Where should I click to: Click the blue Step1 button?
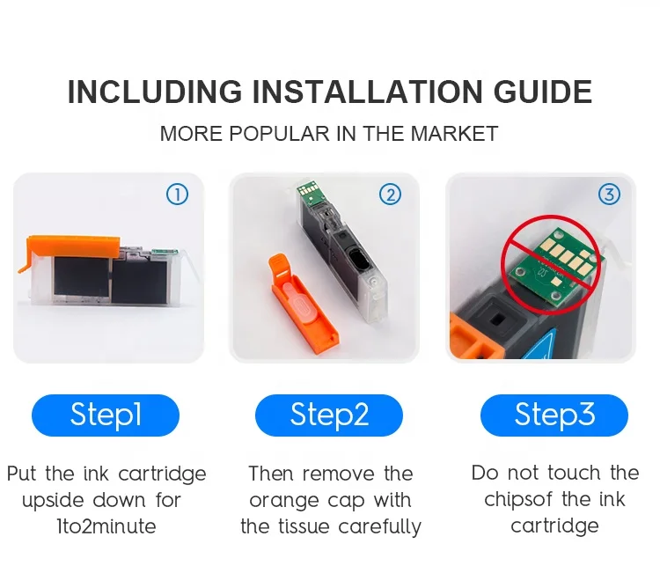pyautogui.click(x=106, y=415)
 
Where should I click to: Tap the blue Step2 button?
pyautogui.click(x=329, y=415)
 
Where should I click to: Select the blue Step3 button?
pyautogui.click(x=554, y=415)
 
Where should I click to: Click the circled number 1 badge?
pyautogui.click(x=177, y=195)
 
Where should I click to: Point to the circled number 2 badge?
pyautogui.click(x=390, y=195)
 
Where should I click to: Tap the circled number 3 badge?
pyautogui.click(x=609, y=195)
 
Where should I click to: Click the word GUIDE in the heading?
pyautogui.click(x=543, y=92)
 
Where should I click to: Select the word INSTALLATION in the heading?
pyautogui.click(x=367, y=92)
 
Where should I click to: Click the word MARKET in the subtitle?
pyautogui.click(x=454, y=134)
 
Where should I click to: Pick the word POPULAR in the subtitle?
pyautogui.click(x=279, y=134)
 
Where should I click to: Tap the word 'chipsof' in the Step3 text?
pyautogui.click(x=517, y=500)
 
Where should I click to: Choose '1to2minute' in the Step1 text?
pyautogui.click(x=106, y=526)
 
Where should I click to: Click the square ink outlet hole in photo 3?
pyautogui.click(x=496, y=320)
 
